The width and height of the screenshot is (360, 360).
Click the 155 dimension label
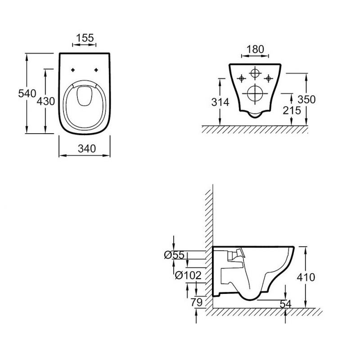[85, 38]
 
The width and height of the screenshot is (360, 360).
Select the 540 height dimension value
[27, 94]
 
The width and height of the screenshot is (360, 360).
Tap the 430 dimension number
[46, 101]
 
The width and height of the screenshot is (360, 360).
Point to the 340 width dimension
[87, 149]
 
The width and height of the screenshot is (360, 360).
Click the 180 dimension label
[255, 49]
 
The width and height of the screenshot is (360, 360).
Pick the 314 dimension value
[220, 102]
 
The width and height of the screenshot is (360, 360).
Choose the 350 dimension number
[306, 99]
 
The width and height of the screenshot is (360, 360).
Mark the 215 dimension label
[292, 110]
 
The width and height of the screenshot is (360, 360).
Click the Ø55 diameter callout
[175, 255]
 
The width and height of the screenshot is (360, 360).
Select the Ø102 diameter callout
[188, 275]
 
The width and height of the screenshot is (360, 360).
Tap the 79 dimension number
[197, 302]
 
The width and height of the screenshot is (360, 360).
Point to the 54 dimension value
[286, 304]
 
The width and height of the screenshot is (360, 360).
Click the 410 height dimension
[306, 277]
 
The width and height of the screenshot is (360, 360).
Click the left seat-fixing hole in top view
[73, 70]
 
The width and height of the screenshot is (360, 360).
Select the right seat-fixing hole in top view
[96, 70]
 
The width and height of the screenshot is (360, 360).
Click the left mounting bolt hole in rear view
[241, 79]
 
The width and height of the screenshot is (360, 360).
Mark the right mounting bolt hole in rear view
[268, 79]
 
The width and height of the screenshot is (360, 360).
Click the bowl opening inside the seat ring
[85, 96]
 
